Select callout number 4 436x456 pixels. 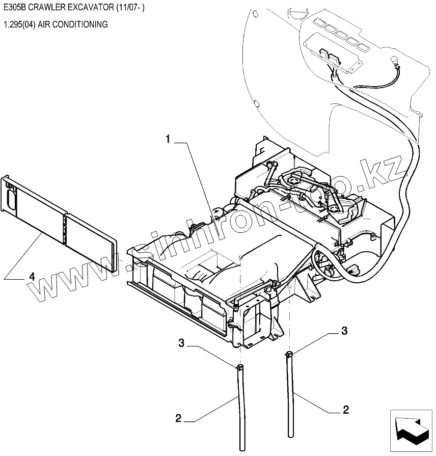[x=32, y=277]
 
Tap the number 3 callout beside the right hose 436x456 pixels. [x=344, y=331]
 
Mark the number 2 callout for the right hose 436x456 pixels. [x=346, y=409]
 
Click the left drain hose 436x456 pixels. [x=239, y=403]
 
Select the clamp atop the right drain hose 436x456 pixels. [x=289, y=354]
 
